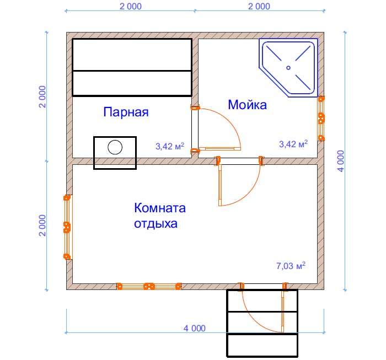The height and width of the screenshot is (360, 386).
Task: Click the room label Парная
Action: [126, 112]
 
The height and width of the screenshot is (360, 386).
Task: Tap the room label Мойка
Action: [247, 105]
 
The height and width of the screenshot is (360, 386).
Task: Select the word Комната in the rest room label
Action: [160, 208]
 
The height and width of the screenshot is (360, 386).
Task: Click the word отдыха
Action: [156, 224]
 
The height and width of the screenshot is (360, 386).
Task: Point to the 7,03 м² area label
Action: [291, 266]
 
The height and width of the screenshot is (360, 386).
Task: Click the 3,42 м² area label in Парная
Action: [170, 146]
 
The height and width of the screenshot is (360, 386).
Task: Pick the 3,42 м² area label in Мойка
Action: [293, 144]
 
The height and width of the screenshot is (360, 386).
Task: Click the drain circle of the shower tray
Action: [288, 68]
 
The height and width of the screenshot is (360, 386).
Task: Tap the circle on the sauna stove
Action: [115, 147]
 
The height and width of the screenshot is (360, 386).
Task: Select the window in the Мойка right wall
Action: [321, 119]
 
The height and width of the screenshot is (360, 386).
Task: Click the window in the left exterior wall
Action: [67, 227]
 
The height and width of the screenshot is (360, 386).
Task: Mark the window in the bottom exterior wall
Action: [149, 287]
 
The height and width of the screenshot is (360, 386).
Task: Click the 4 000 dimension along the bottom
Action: [195, 328]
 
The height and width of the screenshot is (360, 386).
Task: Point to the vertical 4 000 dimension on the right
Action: [341, 161]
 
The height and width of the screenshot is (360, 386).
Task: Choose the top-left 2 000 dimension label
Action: [131, 7]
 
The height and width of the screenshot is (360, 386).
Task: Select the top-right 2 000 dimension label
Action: [259, 7]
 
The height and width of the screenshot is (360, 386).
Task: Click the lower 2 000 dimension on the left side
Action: [42, 225]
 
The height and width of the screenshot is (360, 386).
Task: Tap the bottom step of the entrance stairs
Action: [262, 345]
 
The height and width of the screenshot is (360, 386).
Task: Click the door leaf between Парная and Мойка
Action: [220, 149]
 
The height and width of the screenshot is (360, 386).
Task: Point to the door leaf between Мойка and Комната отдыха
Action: [220, 185]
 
